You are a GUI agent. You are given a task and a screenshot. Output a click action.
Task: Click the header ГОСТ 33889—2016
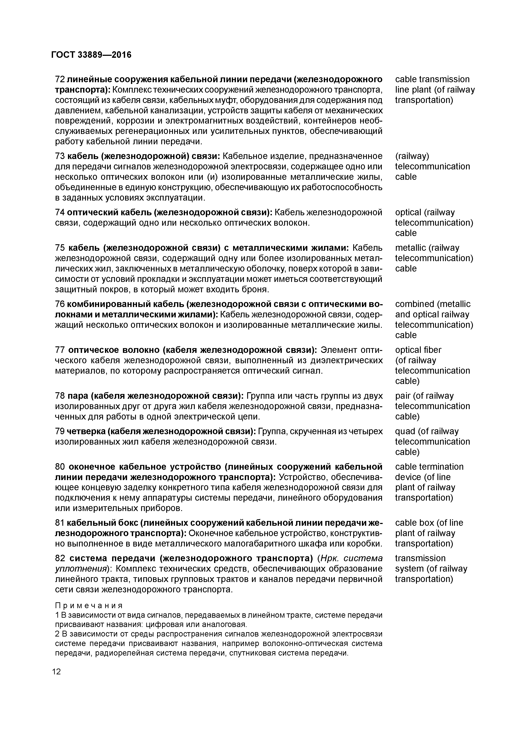point(91,55)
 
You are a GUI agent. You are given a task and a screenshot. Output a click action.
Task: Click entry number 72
point(60,79)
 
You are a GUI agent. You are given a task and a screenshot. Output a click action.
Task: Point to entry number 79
point(60,431)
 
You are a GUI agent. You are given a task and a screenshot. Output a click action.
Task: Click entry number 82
point(60,558)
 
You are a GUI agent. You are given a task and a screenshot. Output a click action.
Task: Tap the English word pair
point(403,396)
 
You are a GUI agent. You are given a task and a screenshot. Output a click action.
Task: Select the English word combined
point(414,304)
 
